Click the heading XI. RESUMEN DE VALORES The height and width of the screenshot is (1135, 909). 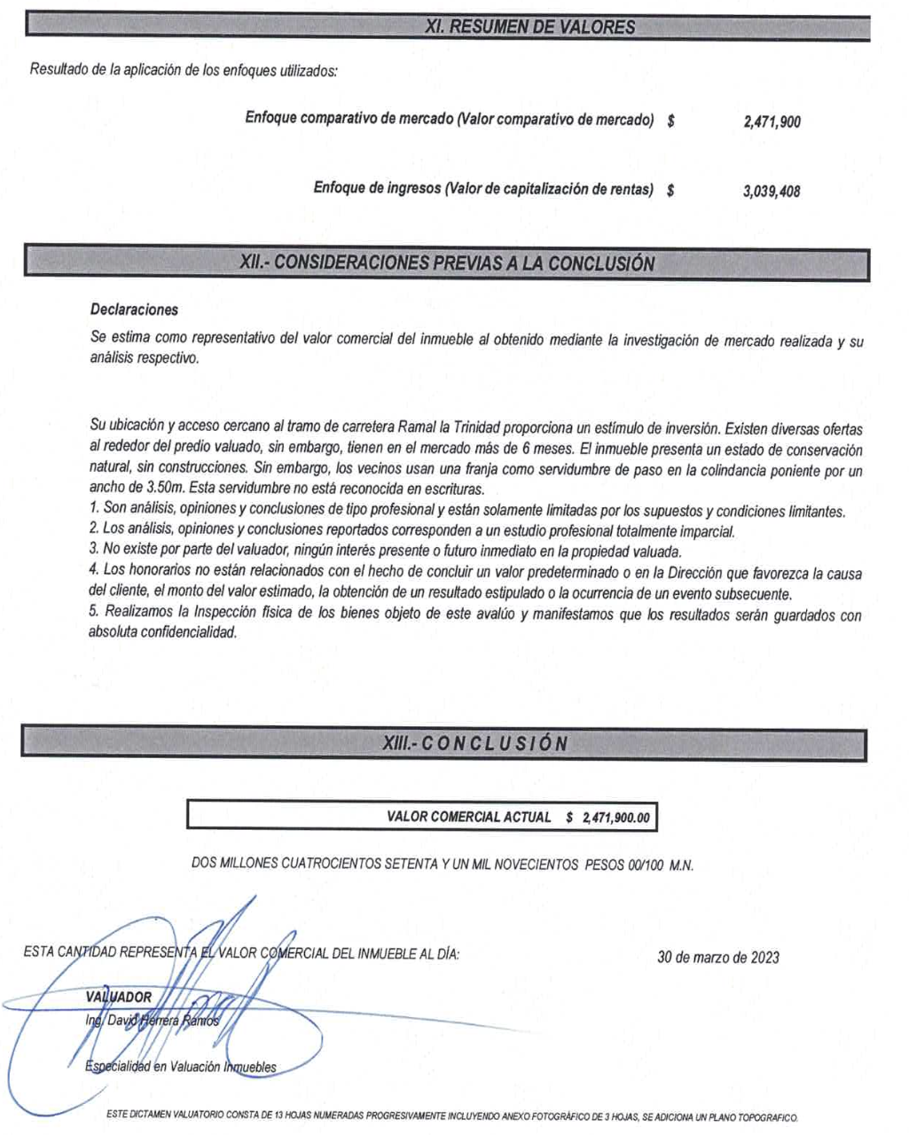click(530, 27)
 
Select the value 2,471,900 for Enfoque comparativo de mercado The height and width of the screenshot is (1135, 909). click(772, 122)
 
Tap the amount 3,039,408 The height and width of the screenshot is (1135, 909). click(772, 191)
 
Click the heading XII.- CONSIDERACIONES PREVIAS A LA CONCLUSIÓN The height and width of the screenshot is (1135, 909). click(447, 263)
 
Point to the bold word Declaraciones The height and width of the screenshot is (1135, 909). click(134, 310)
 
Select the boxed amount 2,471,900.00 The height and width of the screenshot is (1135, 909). click(616, 818)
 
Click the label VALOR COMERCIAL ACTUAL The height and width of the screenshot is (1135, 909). click(468, 817)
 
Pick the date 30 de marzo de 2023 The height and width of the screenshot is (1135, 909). click(718, 957)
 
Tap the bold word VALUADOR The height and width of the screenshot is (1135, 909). click(118, 997)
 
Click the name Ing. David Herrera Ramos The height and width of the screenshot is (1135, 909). click(151, 1021)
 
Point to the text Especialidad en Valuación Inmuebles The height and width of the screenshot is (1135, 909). click(181, 1067)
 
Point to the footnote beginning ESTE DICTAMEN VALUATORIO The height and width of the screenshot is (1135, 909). click(452, 1115)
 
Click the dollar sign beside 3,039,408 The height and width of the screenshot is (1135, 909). click(671, 189)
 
